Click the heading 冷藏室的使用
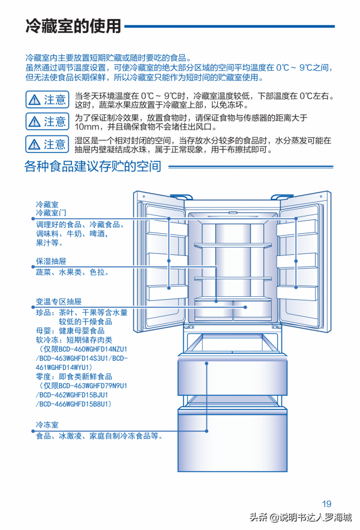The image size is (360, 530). pyautogui.click(x=73, y=26)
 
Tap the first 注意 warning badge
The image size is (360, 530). pyautogui.click(x=47, y=100)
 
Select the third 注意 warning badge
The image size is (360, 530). pyautogui.click(x=47, y=144)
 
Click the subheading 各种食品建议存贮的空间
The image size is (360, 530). pyautogui.click(x=92, y=167)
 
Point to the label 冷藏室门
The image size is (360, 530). pyautogui.click(x=51, y=213)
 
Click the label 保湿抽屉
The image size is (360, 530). pyautogui.click(x=51, y=262)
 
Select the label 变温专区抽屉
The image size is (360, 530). pyautogui.click(x=58, y=302)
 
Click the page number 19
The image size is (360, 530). pyautogui.click(x=326, y=504)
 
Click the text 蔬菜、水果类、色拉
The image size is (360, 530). pyautogui.click(x=73, y=272)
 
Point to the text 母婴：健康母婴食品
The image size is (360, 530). pyautogui.click(x=70, y=330)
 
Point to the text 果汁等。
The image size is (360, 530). pyautogui.click(x=50, y=243)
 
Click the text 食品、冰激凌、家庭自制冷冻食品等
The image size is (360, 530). pyautogui.click(x=100, y=436)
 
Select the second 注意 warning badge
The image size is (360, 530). pyautogui.click(x=47, y=122)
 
